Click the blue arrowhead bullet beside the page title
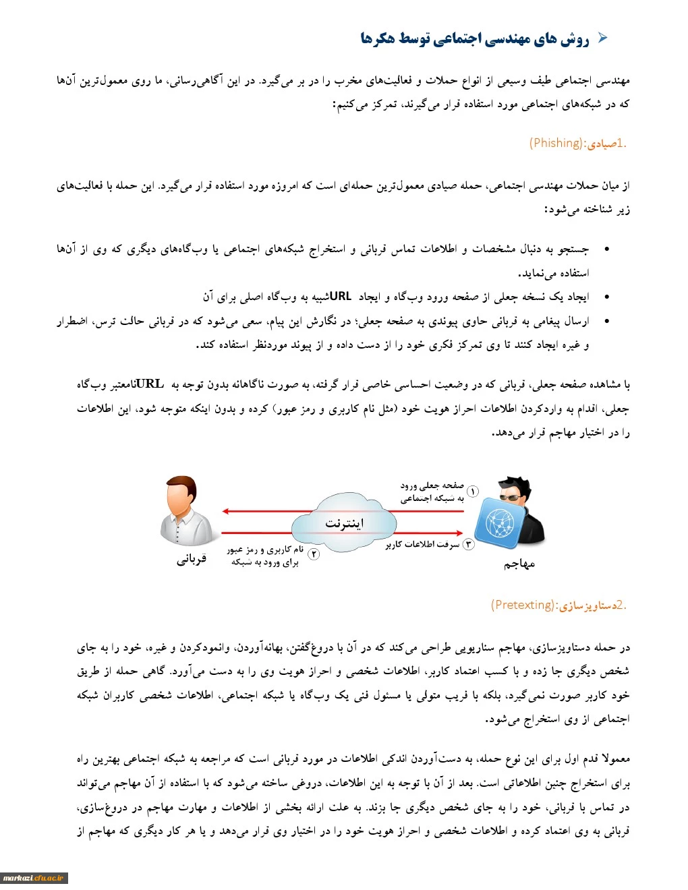click(602, 38)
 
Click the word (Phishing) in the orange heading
click(556, 143)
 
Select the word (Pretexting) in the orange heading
click(523, 605)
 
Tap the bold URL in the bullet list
click(341, 296)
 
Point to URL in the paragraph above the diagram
click(149, 384)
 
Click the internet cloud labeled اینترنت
click(344, 523)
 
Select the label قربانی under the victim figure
click(192, 559)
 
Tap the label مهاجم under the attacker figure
click(519, 564)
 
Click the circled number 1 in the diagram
click(473, 492)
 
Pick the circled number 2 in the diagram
click(314, 554)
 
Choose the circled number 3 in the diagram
click(469, 544)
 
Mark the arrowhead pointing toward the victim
click(227, 511)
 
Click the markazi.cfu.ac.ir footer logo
click(34, 878)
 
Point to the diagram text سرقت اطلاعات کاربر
click(423, 545)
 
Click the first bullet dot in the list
click(607, 249)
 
